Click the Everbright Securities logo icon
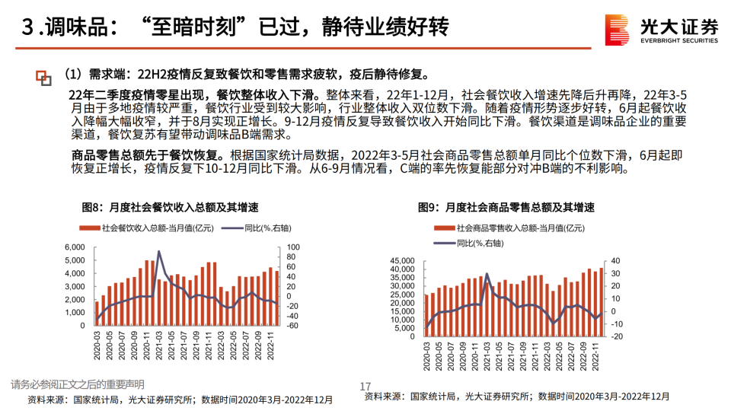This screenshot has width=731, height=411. coord(617,31)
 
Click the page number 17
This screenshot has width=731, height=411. coord(365,387)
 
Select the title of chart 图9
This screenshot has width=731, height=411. coord(506,207)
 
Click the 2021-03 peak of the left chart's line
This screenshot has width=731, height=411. coord(159,251)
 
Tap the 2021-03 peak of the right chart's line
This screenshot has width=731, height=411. coord(487,274)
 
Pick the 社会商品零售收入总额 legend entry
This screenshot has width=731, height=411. coord(504,228)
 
